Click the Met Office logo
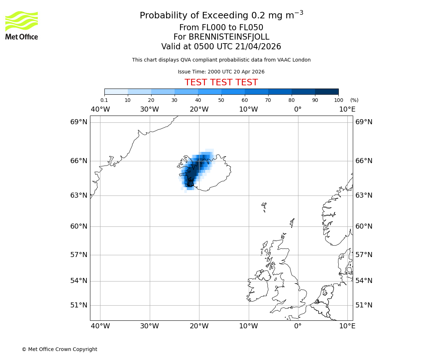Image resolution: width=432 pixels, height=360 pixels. coord(22,25)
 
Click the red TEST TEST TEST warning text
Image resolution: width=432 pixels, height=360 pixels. coord(221,82)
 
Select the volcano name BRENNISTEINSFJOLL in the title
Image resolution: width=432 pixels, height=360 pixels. coord(229,37)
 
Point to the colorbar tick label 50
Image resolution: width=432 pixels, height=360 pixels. coord(221,100)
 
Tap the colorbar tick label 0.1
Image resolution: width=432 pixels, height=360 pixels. coord(104,100)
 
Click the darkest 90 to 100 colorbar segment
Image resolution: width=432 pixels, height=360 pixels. coord(327,91)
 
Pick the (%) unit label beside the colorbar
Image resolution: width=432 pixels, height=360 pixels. coord(354,100)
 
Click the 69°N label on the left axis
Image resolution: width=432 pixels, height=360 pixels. coord(78,122)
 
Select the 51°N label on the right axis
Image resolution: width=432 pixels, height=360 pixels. coord(364,305)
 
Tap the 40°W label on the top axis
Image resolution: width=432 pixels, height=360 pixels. coord(100,109)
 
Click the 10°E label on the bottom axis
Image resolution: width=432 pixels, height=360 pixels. coord(347,326)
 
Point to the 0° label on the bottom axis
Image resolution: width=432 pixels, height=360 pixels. coord(298,326)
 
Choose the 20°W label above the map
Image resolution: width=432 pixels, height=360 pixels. coord(199,109)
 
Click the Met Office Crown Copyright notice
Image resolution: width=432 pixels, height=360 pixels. coord(59,349)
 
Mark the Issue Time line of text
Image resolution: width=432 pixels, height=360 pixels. coord(221,72)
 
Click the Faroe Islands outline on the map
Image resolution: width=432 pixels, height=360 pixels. coord(264,207)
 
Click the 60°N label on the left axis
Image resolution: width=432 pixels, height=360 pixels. coord(78,226)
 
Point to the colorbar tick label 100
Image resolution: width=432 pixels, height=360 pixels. coord(338,100)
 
